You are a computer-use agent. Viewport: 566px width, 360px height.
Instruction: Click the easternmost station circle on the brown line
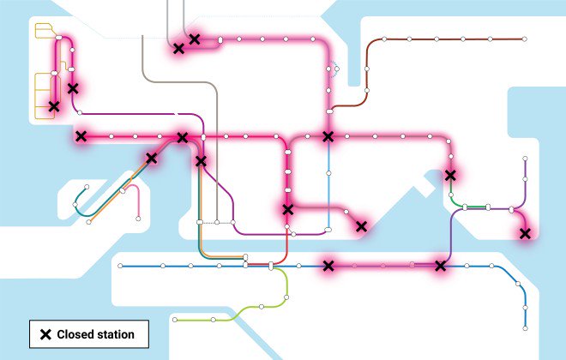523,39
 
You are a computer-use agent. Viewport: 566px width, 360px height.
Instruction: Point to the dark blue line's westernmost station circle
120,266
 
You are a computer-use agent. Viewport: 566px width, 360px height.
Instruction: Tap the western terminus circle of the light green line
175,319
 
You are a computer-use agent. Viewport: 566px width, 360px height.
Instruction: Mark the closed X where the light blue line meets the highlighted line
328,136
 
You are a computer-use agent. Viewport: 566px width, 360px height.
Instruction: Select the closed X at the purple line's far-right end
525,233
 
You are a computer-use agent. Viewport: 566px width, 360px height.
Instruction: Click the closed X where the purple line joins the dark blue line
441,266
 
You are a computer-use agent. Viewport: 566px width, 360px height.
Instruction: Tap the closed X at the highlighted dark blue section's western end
328,266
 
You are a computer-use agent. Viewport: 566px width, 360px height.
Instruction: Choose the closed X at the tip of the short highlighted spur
361,226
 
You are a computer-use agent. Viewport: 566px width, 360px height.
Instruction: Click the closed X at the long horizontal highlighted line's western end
81,136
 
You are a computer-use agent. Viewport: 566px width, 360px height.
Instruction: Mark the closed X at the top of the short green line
450,176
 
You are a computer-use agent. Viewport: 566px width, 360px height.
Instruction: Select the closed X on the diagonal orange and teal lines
152,158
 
